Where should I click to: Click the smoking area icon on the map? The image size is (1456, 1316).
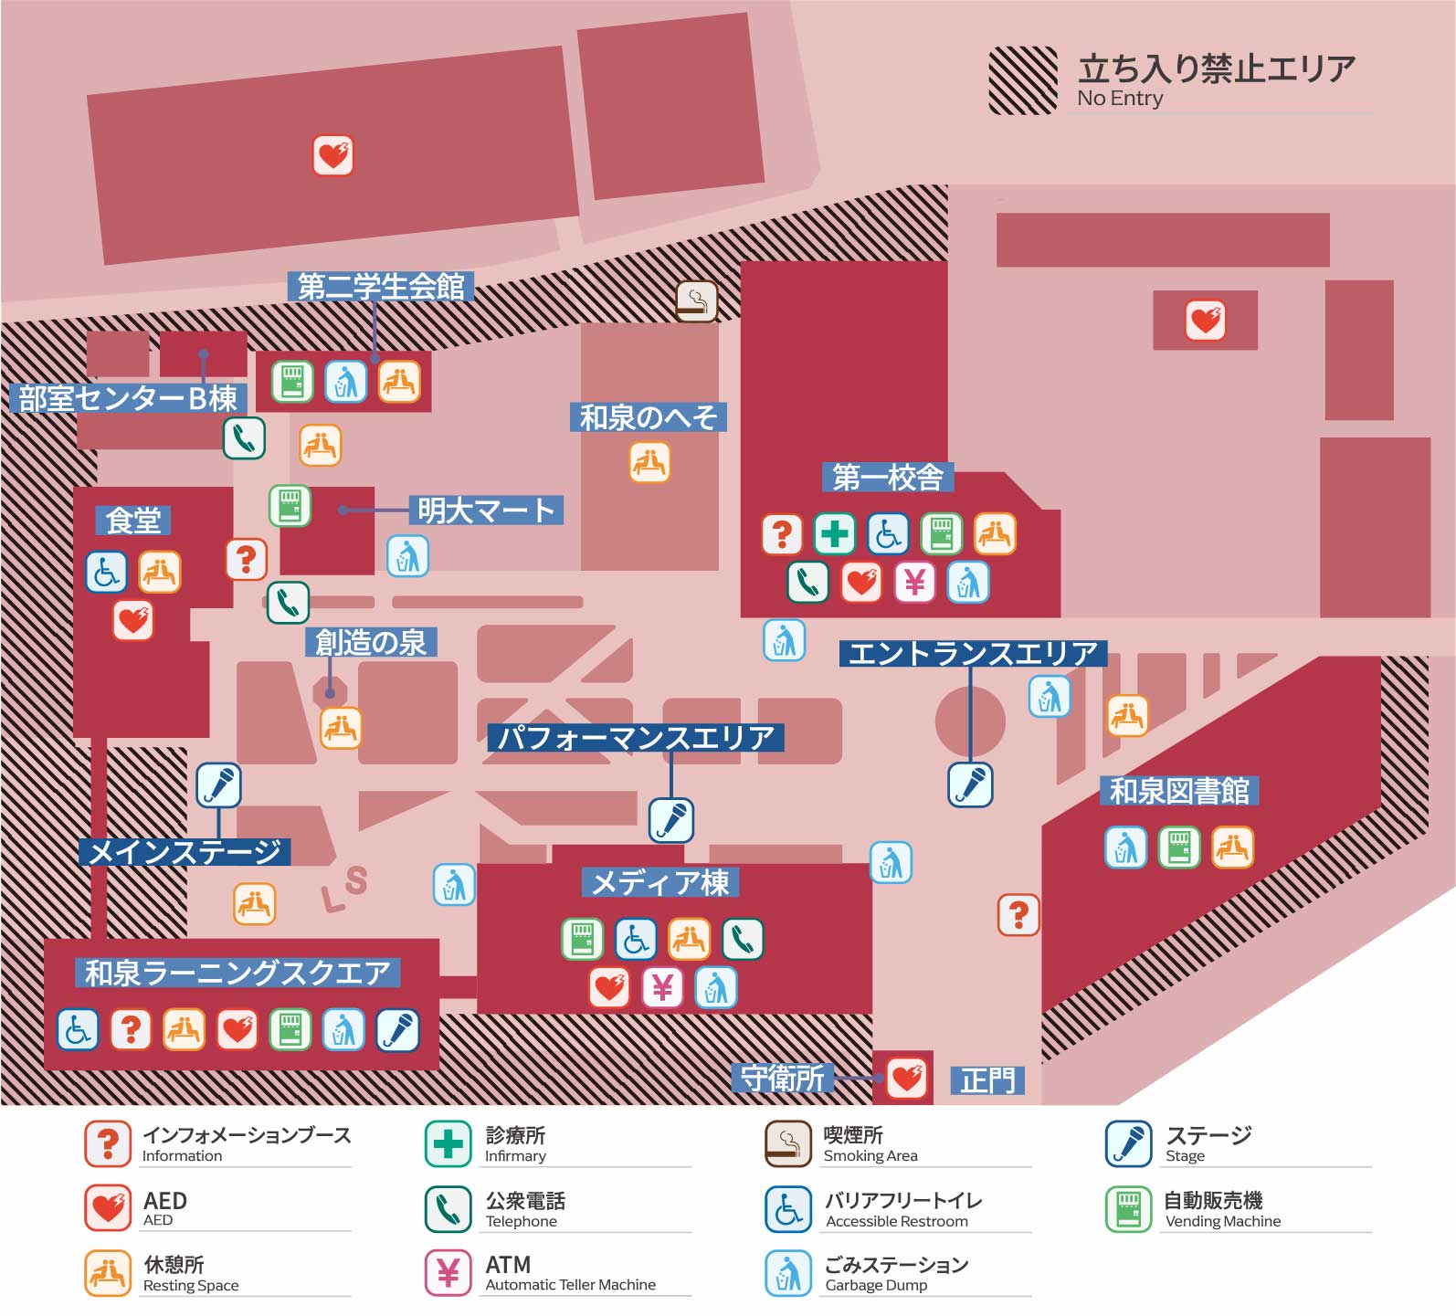(x=696, y=300)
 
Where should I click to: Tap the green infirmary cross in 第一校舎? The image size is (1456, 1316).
(x=833, y=533)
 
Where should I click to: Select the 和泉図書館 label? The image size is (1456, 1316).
(x=1178, y=790)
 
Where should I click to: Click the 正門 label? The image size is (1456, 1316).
(x=987, y=1080)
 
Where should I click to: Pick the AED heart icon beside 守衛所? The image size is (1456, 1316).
(x=906, y=1079)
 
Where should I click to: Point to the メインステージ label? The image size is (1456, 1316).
(x=185, y=852)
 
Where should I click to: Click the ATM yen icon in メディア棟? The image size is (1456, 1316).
(x=662, y=987)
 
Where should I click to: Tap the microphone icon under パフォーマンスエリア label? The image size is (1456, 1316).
(x=670, y=819)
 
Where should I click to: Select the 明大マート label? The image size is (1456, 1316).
(x=485, y=510)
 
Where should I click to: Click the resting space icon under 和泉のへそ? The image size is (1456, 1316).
(x=649, y=462)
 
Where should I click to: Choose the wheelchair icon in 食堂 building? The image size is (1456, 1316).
(x=106, y=572)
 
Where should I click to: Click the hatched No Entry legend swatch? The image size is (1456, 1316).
(x=1022, y=81)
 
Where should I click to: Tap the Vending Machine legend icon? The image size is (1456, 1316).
(x=1128, y=1208)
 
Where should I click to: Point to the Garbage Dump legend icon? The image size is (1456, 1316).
(x=787, y=1272)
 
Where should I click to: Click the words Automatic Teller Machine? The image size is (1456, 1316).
(x=570, y=1285)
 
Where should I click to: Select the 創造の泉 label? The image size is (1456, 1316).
(x=370, y=642)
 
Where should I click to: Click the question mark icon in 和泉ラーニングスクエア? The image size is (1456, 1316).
(x=131, y=1029)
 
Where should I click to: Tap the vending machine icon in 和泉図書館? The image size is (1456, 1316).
(x=1178, y=848)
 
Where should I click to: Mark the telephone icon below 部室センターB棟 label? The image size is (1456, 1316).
(x=244, y=438)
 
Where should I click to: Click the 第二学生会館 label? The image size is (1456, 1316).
(x=381, y=287)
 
